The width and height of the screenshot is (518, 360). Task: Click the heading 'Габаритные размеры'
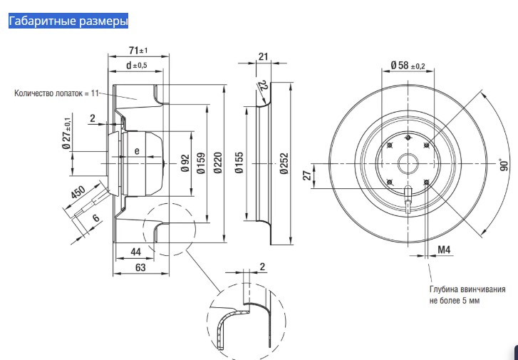pyautogui.click(x=68, y=21)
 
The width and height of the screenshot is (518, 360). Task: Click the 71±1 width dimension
pyautogui.click(x=138, y=51)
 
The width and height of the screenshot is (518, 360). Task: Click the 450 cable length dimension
pyautogui.click(x=78, y=195)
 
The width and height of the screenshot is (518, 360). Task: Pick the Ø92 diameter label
pyautogui.click(x=184, y=165)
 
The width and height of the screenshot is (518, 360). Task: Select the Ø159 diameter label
pyautogui.click(x=201, y=165)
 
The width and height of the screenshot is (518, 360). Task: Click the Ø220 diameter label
pyautogui.click(x=218, y=165)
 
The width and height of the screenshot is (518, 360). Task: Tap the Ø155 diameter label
pyautogui.click(x=239, y=165)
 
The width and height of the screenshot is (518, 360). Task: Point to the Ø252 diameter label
pyautogui.click(x=284, y=165)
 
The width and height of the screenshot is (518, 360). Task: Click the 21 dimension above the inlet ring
pyautogui.click(x=262, y=56)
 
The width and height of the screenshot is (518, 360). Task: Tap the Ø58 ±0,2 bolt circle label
pyautogui.click(x=408, y=66)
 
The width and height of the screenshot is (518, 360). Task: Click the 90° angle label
pyautogui.click(x=503, y=165)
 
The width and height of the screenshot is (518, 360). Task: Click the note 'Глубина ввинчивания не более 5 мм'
pyautogui.click(x=467, y=295)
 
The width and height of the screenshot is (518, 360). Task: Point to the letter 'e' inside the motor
pyautogui.click(x=137, y=150)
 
